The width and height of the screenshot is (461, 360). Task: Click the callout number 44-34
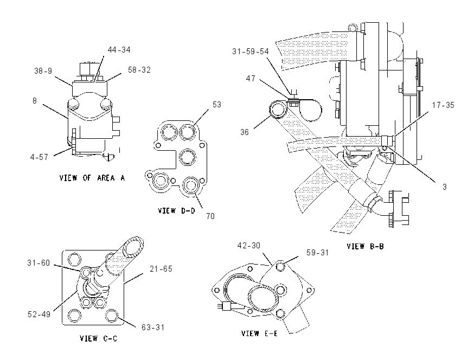pos(119,50)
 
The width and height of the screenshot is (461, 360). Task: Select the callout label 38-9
pos(43,71)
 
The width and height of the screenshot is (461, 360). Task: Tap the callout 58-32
pos(139,70)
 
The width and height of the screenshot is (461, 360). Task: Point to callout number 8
pos(35,101)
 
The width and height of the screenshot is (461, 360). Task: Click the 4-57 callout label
pos(39,157)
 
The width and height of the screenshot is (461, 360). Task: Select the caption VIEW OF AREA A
pos(92,178)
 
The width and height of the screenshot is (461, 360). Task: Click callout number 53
pos(217,104)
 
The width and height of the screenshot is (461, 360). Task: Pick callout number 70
pos(210,216)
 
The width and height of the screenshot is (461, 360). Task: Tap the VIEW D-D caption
pos(176,211)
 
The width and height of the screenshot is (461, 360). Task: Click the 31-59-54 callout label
pos(251,52)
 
